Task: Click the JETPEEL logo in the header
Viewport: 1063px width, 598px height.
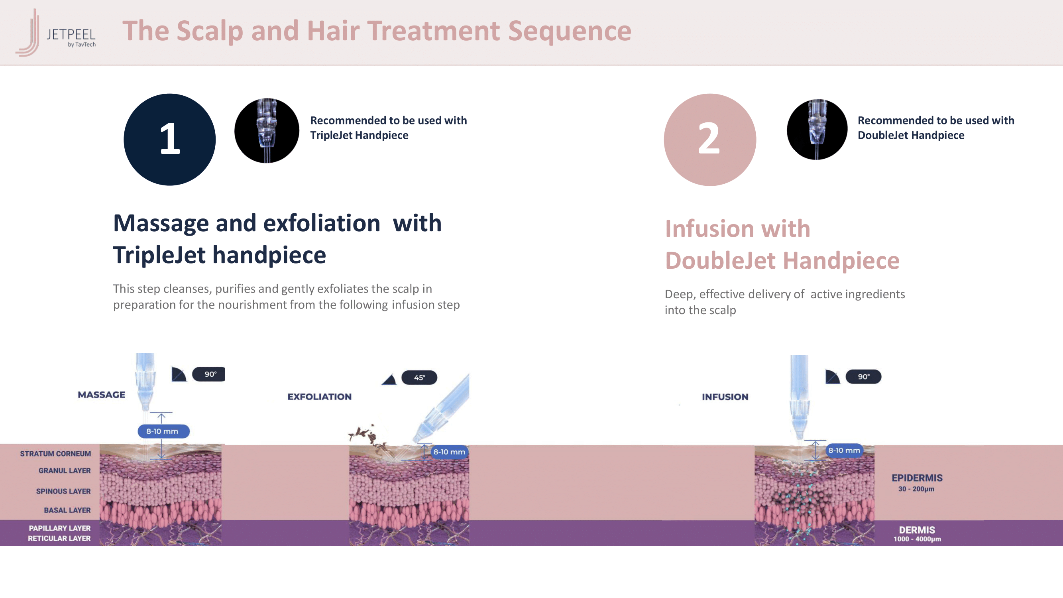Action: [56, 33]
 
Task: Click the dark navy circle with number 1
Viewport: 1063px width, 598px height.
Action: [170, 140]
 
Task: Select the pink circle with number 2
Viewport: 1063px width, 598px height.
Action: [710, 140]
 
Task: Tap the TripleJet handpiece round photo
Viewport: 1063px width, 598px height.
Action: [267, 130]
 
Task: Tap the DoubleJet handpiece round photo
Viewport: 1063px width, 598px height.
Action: [817, 130]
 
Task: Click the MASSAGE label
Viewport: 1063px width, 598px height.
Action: [102, 395]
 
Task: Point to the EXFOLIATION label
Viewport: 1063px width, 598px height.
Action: [319, 397]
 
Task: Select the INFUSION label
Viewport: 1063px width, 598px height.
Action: [725, 397]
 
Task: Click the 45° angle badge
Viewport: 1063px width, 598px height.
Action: [419, 377]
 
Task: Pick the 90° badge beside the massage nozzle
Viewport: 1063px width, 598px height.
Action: [209, 374]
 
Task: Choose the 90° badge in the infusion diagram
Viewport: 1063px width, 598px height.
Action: [863, 376]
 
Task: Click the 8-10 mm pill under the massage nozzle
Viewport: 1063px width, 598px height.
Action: [163, 431]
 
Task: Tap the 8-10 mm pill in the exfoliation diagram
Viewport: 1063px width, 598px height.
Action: [449, 452]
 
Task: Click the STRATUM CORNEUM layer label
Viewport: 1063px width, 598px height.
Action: [55, 454]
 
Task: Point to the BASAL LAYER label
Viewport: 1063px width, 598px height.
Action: [67, 510]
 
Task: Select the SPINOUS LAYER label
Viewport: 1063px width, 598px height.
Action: [63, 491]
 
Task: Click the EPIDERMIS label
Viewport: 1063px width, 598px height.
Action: [917, 478]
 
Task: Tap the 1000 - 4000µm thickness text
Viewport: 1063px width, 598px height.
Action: [918, 539]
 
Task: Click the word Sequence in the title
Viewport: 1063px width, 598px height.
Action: [570, 31]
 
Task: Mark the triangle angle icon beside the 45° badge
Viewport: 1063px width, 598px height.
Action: [389, 379]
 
